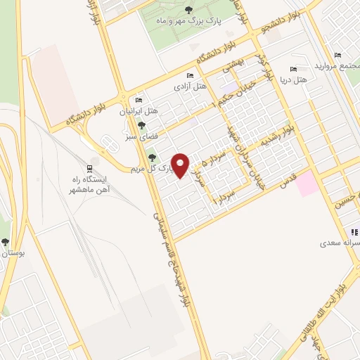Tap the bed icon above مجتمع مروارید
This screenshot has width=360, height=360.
coord(338,56)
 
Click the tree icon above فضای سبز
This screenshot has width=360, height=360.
coord(142,124)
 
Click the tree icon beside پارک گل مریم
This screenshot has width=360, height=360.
coord(152,167)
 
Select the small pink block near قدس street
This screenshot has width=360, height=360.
coord(307,185)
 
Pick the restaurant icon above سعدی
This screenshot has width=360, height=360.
coord(354,231)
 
